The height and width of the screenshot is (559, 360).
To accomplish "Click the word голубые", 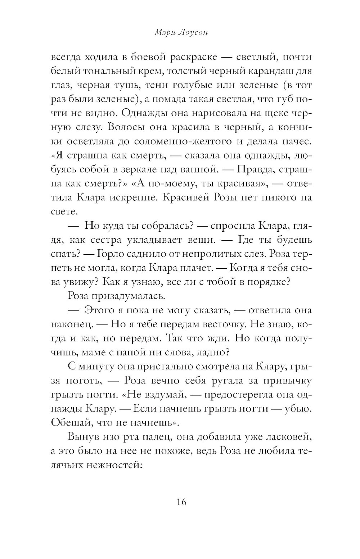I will click(206, 85).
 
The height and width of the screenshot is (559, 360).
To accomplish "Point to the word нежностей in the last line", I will click(115, 465).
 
